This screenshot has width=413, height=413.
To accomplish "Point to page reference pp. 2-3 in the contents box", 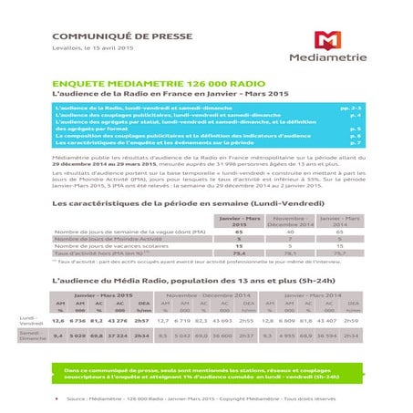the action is pyautogui.click(x=348, y=108).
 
